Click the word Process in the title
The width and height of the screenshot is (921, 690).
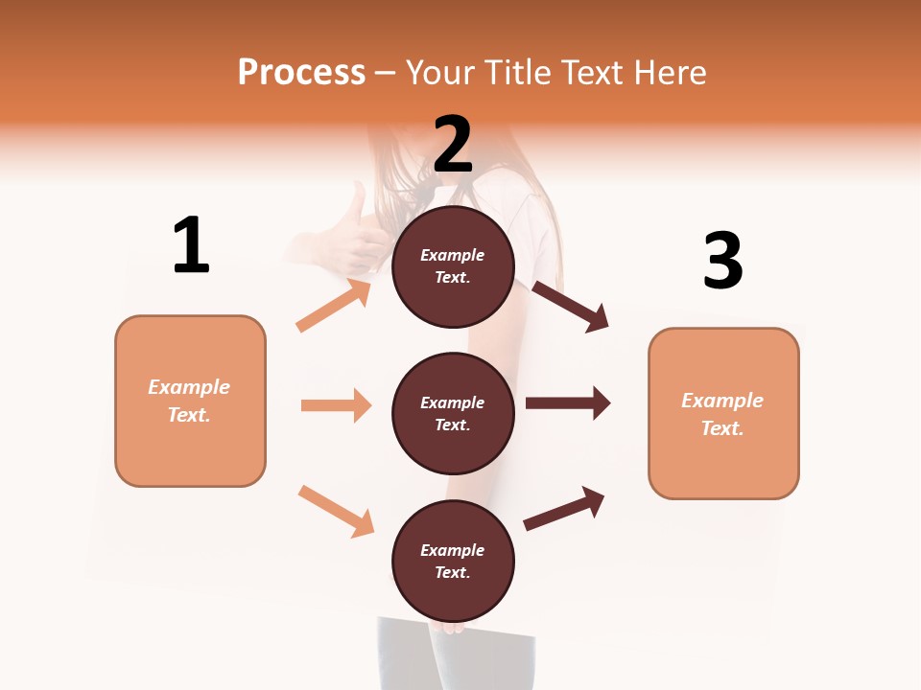[301, 73]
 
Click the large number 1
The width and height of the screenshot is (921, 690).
[190, 245]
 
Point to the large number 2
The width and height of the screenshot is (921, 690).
[453, 145]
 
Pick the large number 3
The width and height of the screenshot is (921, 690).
[722, 261]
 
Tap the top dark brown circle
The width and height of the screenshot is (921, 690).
[453, 266]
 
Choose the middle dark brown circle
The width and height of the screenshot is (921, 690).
[453, 414]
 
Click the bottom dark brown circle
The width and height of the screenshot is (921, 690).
[453, 562]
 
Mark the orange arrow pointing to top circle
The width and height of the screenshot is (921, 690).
[334, 306]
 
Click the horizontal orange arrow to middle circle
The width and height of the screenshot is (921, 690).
[336, 405]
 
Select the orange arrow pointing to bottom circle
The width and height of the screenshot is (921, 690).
[336, 511]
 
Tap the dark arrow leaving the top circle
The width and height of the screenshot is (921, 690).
[571, 306]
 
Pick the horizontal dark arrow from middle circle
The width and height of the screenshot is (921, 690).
[568, 402]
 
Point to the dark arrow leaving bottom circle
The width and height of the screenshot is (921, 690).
[564, 508]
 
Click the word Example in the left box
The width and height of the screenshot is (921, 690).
[189, 387]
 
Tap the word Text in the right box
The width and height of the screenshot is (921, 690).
[721, 428]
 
